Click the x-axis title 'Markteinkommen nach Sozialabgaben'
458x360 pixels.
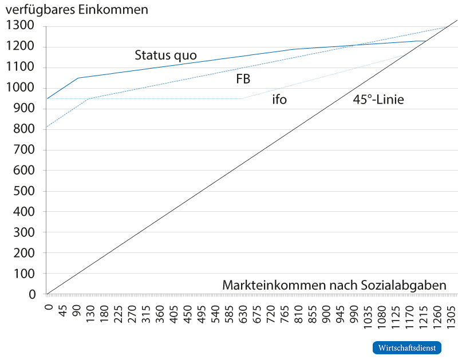coord(334,285)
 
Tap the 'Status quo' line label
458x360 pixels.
coord(165,56)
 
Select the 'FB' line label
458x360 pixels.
coord(243,79)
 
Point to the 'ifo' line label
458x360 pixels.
coord(279,100)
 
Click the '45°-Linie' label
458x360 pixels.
coord(378,100)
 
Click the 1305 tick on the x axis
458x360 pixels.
coord(450,312)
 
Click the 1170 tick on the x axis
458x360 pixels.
coord(409,312)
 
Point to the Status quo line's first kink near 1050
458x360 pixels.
coord(78,77)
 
